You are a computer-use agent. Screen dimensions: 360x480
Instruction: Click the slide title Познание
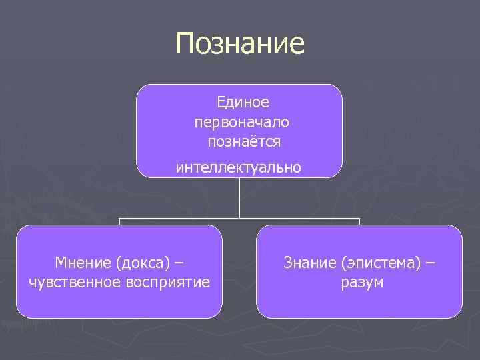(240, 45)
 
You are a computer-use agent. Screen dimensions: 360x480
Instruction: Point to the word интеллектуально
(238, 167)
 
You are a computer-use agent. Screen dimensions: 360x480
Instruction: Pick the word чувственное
(74, 282)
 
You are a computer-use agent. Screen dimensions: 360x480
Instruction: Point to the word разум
(362, 282)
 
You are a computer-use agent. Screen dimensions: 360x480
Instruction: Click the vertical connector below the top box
(239, 198)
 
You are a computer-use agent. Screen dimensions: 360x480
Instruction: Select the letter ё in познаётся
(252, 141)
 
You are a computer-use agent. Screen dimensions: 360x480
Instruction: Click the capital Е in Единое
(221, 102)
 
